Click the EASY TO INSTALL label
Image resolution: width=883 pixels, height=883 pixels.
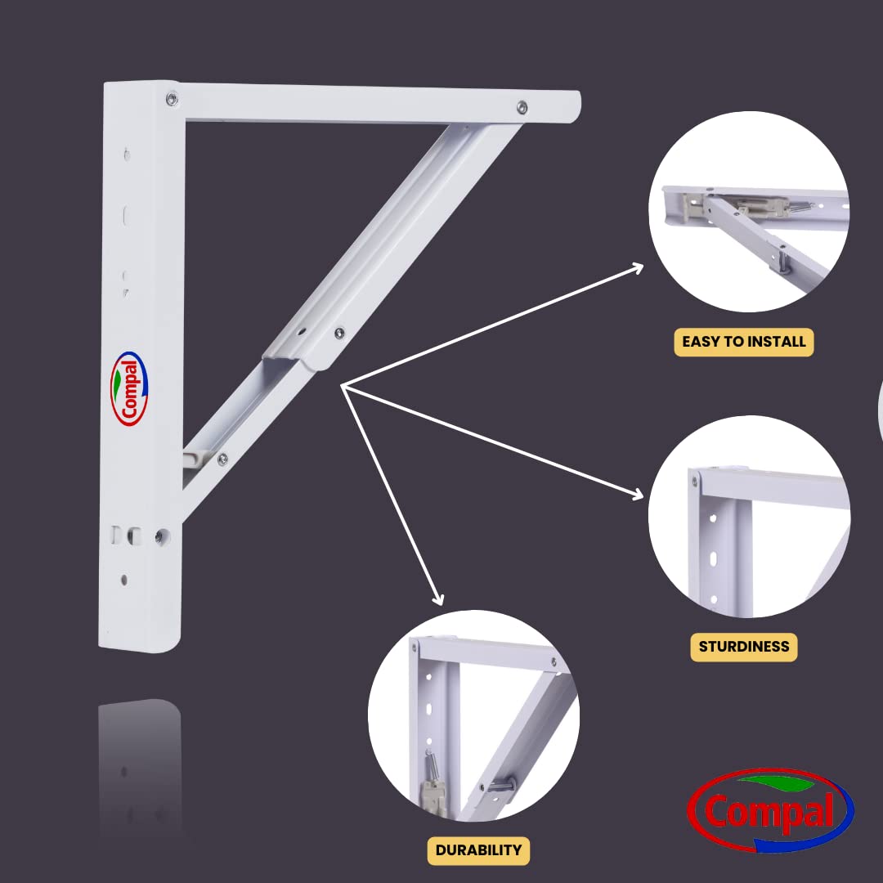[x=743, y=342]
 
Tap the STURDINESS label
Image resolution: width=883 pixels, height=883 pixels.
[x=744, y=647]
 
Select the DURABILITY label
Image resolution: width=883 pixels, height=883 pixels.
[x=478, y=850]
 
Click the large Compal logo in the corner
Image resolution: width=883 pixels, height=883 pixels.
[x=770, y=809]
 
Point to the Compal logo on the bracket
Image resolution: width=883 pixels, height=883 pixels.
[x=129, y=388]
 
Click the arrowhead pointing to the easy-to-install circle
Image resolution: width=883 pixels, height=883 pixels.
[x=638, y=268]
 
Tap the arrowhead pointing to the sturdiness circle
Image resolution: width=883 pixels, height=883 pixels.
[x=638, y=495]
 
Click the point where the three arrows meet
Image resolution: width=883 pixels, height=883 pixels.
[x=342, y=386]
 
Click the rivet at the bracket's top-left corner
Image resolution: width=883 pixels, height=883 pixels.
[x=172, y=100]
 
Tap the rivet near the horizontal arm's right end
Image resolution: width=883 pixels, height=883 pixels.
[x=522, y=107]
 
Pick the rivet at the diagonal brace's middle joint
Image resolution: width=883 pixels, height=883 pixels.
[x=339, y=333]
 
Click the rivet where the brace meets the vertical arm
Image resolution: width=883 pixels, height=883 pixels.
[x=222, y=459]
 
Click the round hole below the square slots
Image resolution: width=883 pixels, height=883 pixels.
[x=124, y=580]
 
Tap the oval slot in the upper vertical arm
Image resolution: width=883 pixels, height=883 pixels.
[x=126, y=216]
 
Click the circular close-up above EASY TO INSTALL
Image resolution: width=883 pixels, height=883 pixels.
[x=749, y=212]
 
